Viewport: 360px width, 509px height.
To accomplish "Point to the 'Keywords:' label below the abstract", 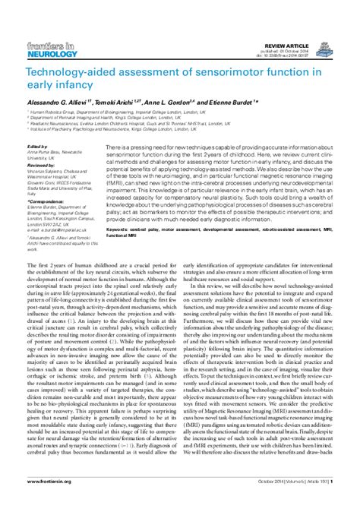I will pos(122,226).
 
